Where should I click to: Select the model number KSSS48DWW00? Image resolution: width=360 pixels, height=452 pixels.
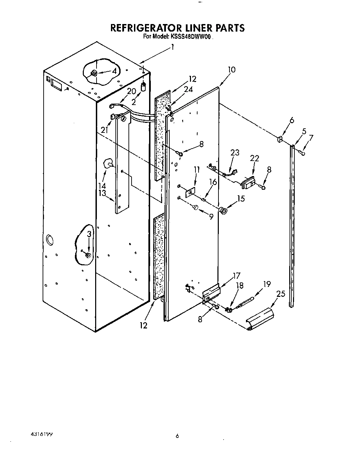[x=190, y=37]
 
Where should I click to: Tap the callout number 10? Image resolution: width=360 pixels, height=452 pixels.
[x=232, y=70]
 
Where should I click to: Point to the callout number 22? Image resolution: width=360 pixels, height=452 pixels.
[x=255, y=158]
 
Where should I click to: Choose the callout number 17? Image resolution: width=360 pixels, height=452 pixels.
[x=236, y=275]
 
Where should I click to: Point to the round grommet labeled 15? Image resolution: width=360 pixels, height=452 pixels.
[x=224, y=210]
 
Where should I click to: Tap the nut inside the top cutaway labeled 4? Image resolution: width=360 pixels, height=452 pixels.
[x=94, y=72]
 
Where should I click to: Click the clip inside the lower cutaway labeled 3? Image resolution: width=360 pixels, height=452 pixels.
[x=88, y=255]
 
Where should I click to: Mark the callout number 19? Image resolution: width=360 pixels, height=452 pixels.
[x=267, y=284]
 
